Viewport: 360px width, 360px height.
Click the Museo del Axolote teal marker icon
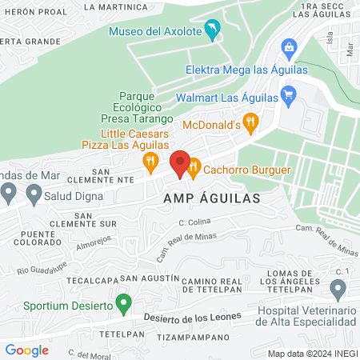[212, 30]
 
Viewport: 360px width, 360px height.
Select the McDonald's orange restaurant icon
[251, 123]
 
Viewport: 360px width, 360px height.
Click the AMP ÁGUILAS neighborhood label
[212, 198]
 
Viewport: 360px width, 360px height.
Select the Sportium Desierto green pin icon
[123, 303]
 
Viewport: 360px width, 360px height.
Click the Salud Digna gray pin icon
[34, 193]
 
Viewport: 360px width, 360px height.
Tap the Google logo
[27, 350]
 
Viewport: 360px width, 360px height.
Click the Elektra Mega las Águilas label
[246, 70]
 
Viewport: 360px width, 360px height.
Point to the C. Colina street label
[194, 222]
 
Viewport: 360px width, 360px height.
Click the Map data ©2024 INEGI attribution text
[310, 353]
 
